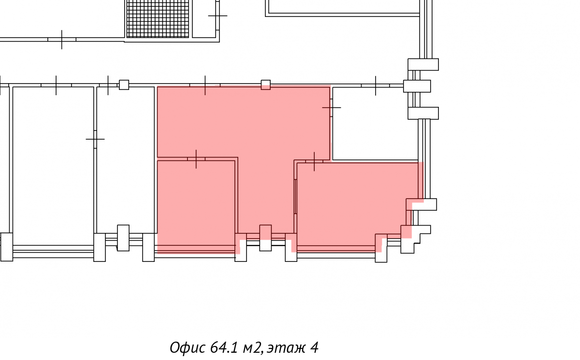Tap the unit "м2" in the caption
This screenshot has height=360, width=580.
point(252,347)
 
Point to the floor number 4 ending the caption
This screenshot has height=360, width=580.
point(315,347)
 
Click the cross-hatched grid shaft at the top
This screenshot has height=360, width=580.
point(158,18)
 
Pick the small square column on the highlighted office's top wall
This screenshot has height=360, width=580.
point(266,85)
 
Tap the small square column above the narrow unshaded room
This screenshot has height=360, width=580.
point(124,85)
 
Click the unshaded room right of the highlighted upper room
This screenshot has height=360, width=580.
point(375,123)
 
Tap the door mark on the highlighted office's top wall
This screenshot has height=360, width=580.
point(205,85)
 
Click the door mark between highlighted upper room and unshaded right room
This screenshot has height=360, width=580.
point(331,107)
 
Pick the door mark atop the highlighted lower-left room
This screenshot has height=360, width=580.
point(196,158)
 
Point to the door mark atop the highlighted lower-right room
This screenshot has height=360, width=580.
point(314,161)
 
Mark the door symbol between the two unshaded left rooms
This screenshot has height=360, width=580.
point(95,139)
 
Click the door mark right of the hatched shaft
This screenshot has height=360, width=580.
point(217,16)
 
